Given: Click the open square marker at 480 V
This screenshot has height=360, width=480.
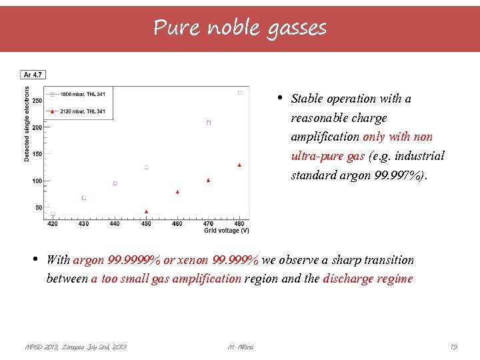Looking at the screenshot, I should pyautogui.click(x=239, y=93).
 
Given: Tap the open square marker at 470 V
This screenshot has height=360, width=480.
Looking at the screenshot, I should pyautogui.click(x=209, y=123).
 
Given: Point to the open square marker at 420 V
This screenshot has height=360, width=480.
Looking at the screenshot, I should pyautogui.click(x=53, y=214).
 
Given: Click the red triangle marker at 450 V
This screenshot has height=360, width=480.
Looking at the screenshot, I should pyautogui.click(x=146, y=211).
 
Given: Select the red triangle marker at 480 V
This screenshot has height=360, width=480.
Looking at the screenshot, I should pyautogui.click(x=239, y=165).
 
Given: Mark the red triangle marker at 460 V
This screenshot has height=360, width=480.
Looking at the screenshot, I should pyautogui.click(x=177, y=191).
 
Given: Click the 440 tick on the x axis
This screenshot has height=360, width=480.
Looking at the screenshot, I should pyautogui.click(x=115, y=224).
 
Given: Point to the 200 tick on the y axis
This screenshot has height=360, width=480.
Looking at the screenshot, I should pyautogui.click(x=37, y=127).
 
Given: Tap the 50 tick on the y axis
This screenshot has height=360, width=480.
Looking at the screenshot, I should pyautogui.click(x=39, y=208).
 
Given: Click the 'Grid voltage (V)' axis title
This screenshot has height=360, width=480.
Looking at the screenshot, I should pyautogui.click(x=227, y=231).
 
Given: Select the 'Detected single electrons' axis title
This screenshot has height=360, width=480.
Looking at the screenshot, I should pyautogui.click(x=27, y=123).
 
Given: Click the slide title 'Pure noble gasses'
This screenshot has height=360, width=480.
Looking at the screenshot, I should pyautogui.click(x=240, y=28).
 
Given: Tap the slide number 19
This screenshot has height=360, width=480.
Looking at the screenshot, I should pyautogui.click(x=453, y=347).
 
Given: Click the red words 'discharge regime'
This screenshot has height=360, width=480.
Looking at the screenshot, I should pyautogui.click(x=368, y=279).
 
